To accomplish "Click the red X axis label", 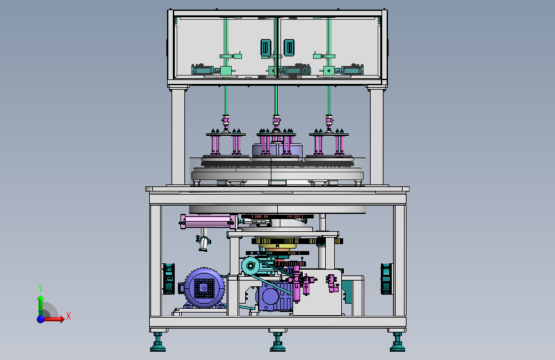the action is pos(68,316).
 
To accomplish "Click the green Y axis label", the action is pos(40,288).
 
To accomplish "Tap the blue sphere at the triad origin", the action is pos(41,319).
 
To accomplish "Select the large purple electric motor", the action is pos(202,288).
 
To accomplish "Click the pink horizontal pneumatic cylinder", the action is pos(208,222).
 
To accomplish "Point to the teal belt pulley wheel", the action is pos(250,265).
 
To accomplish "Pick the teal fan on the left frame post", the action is pos(168,279).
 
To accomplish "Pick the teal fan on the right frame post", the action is pos(387,279).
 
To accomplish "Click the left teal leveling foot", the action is pos(157,342).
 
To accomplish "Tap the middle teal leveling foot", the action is pos(278,342).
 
